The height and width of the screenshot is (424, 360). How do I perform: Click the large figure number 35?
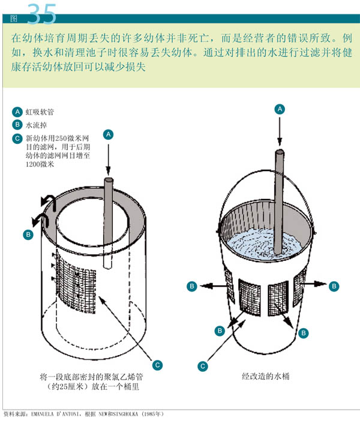pos(41,14)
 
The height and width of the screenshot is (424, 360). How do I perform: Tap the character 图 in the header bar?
pos(14,19)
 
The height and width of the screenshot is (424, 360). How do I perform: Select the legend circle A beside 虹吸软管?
pos(17,112)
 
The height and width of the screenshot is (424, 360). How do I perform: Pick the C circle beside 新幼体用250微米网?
pos(17,139)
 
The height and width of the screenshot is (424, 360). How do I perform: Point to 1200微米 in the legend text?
pos(40,164)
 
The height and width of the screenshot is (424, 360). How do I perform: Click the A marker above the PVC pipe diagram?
pos(109,134)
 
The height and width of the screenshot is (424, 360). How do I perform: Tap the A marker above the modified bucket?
pos(280,109)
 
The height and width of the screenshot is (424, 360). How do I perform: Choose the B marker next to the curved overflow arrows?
pos(28,234)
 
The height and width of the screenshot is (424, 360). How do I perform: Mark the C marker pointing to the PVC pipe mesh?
pos(157,365)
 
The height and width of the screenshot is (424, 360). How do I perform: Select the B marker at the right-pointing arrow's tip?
pos(334,286)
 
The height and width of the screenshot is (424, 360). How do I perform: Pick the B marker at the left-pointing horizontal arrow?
pos(192,286)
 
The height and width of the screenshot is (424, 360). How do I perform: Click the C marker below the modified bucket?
pos(203,366)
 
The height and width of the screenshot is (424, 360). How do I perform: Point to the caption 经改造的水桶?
pos(266,376)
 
